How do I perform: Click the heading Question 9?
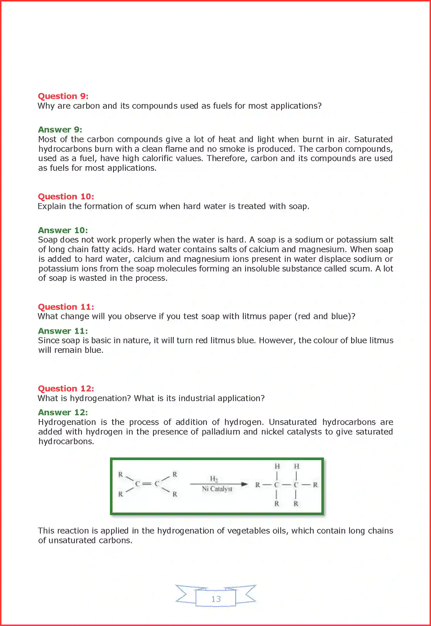pyautogui.click(x=63, y=96)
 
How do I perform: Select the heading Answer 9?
pyautogui.click(x=60, y=130)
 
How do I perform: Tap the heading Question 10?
pyautogui.click(x=66, y=197)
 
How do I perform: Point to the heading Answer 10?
pyautogui.click(x=63, y=230)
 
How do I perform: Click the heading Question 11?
pyautogui.click(x=66, y=307)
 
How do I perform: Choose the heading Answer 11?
pyautogui.click(x=63, y=331)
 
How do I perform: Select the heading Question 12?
pyautogui.click(x=66, y=389)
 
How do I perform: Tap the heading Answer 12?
pyautogui.click(x=63, y=412)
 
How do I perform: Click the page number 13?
pyautogui.click(x=216, y=599)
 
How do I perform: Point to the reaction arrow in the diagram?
pyautogui.click(x=218, y=484)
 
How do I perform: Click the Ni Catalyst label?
pyautogui.click(x=217, y=489)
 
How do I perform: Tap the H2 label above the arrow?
pyautogui.click(x=214, y=479)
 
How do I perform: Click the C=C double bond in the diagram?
pyautogui.click(x=147, y=484)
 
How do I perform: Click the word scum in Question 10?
pyautogui.click(x=146, y=206)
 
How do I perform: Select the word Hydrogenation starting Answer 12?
pyautogui.click(x=67, y=422)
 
